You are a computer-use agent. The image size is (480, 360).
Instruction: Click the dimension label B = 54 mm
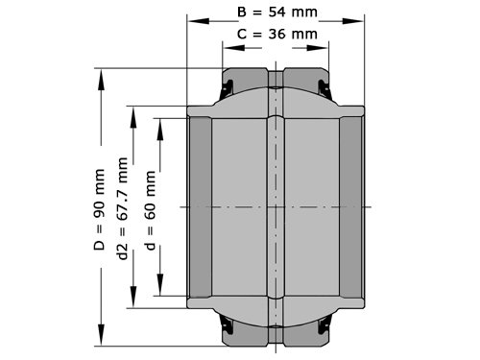(277, 12)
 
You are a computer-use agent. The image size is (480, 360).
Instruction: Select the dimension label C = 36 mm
(277, 34)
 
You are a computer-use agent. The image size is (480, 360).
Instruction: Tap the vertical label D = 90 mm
(99, 209)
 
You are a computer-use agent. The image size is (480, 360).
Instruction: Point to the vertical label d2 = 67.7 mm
(123, 208)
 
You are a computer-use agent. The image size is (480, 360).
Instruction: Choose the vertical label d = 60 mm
(151, 210)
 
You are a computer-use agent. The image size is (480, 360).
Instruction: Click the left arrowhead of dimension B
(198, 21)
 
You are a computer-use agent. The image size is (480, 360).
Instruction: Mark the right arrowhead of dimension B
(353, 21)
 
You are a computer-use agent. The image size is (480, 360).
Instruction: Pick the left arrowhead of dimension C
(234, 48)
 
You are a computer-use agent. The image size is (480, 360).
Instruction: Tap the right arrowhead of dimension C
(318, 48)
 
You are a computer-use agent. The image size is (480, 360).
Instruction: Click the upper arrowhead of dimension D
(101, 80)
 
